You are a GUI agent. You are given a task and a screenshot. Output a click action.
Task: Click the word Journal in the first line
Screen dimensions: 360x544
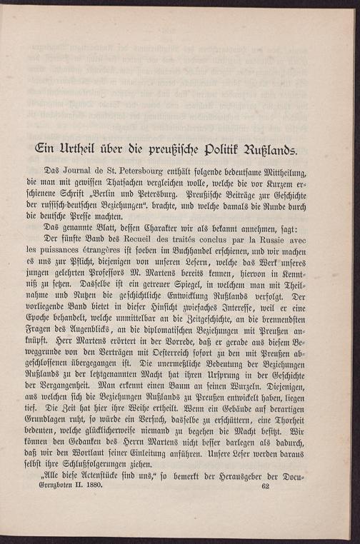(x=76, y=172)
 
